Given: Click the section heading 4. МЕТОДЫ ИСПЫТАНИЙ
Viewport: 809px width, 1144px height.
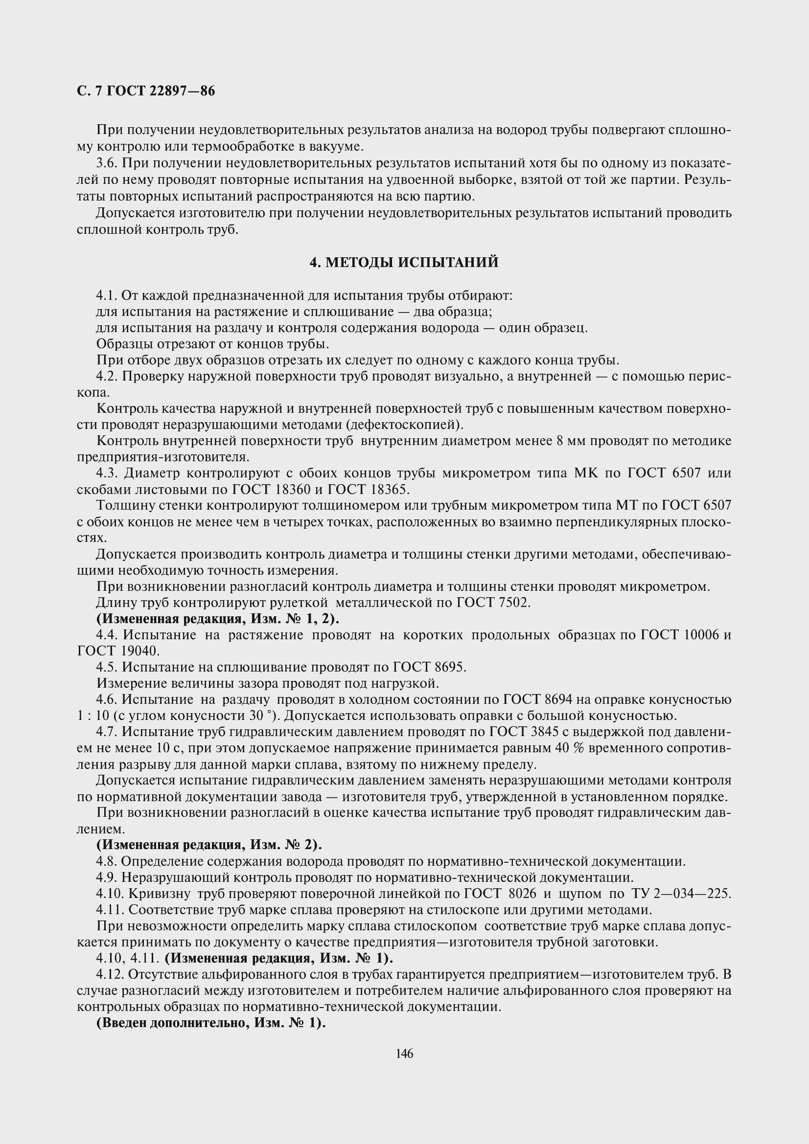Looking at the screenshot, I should pyautogui.click(x=404, y=262).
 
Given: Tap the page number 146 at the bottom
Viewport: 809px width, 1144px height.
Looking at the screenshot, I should pyautogui.click(x=404, y=1054).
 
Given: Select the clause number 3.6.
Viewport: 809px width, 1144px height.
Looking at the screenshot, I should pyautogui.click(x=106, y=163).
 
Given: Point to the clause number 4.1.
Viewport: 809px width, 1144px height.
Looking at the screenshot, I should pyautogui.click(x=106, y=296).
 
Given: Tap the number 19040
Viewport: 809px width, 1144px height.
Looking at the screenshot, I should pyautogui.click(x=139, y=651).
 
